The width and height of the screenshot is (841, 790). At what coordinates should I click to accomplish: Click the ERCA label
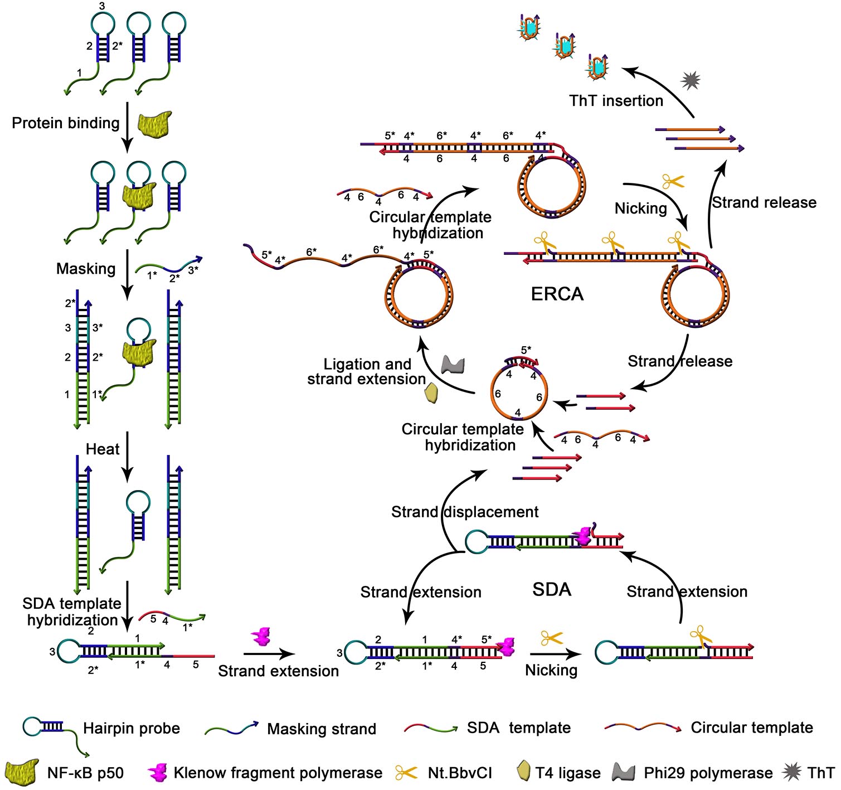pyautogui.click(x=557, y=294)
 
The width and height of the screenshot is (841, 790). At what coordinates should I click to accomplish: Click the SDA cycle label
pyautogui.click(x=552, y=589)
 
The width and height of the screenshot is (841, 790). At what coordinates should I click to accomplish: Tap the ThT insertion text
pyautogui.click(x=616, y=101)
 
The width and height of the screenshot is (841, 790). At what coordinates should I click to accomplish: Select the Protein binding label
pyautogui.click(x=66, y=123)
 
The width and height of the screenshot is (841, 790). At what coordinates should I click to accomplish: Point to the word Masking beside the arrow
pyautogui.click(x=86, y=269)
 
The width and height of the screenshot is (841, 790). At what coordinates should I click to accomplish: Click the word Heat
pyautogui.click(x=103, y=449)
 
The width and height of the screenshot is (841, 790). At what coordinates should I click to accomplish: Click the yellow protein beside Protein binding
pyautogui.click(x=154, y=124)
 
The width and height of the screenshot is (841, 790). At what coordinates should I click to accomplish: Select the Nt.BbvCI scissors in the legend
pyautogui.click(x=407, y=773)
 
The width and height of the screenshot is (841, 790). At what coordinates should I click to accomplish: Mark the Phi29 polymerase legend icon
pyautogui.click(x=624, y=773)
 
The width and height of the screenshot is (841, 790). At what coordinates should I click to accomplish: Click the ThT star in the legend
pyautogui.click(x=791, y=772)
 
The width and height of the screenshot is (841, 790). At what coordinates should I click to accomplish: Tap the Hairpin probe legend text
pyautogui.click(x=132, y=729)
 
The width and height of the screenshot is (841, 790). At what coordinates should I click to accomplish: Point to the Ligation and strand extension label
pyautogui.click(x=367, y=372)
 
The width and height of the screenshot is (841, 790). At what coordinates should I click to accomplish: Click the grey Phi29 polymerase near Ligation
pyautogui.click(x=453, y=365)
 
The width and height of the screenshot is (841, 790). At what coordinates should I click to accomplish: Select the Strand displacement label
pyautogui.click(x=465, y=512)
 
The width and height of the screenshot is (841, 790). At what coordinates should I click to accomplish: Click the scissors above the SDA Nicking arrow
pyautogui.click(x=552, y=638)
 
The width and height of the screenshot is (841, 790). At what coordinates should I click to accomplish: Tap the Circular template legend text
pyautogui.click(x=752, y=728)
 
